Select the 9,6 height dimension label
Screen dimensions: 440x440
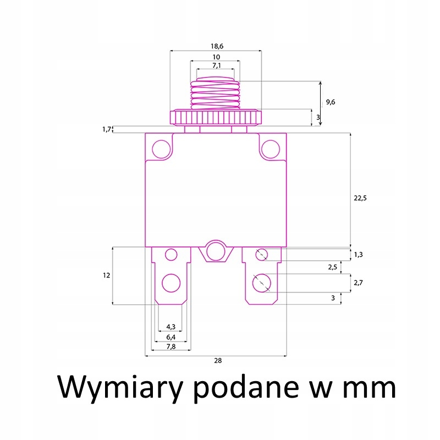pyautogui.click(x=331, y=102)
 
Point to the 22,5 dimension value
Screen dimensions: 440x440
pyautogui.click(x=360, y=198)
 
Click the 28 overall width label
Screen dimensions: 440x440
pyautogui.click(x=218, y=361)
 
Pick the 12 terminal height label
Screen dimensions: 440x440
pyautogui.click(x=106, y=275)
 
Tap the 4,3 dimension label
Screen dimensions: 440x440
pyautogui.click(x=170, y=327)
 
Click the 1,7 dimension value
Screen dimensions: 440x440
pyautogui.click(x=107, y=129)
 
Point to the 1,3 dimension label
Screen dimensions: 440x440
pyautogui.click(x=358, y=254)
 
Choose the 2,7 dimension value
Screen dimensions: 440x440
pyautogui.click(x=358, y=283)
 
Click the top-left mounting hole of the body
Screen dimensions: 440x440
pyautogui.click(x=161, y=148)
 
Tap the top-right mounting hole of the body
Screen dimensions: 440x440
pyautogui.click(x=270, y=148)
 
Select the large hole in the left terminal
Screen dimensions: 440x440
pyautogui.click(x=170, y=284)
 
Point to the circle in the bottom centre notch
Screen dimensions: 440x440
pyautogui.click(x=216, y=252)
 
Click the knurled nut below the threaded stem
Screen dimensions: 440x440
pyautogui.click(x=215, y=117)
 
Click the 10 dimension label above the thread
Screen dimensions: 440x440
pyautogui.click(x=216, y=57)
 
